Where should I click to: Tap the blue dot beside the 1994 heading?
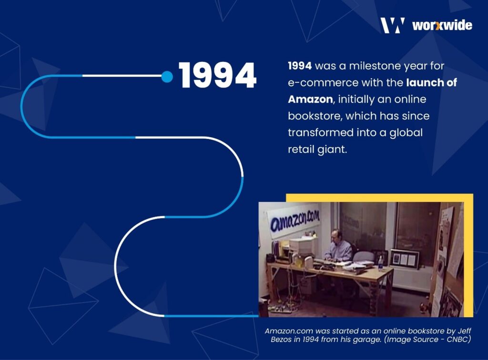(167, 77)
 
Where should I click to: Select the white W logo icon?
(393, 25)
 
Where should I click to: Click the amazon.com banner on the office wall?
(293, 221)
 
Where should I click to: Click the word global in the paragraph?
(405, 132)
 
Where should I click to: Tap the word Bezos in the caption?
(283, 339)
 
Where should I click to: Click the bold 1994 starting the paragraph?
(300, 65)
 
